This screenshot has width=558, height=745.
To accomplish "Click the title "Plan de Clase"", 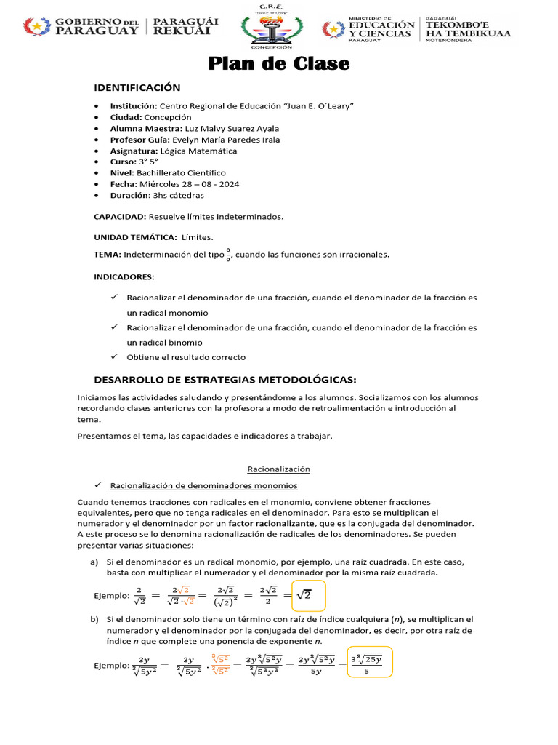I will tap(279, 64).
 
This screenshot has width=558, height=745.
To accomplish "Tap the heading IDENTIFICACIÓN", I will tap(137, 88).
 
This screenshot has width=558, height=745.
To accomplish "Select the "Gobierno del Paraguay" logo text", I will tap(97, 27).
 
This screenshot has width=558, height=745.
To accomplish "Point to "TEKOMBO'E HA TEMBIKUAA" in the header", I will tap(468, 28).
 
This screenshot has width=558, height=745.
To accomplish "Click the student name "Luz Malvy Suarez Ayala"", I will tap(232, 128).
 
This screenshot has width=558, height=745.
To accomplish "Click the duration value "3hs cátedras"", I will tap(177, 196).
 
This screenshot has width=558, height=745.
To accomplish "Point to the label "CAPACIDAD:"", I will tap(120, 217).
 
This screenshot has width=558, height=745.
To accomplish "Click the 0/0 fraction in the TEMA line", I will tap(228, 255).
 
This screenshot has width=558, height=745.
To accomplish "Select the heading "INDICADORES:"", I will tap(124, 277).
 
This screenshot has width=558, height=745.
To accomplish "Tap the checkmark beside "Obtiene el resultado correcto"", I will tap(114, 356).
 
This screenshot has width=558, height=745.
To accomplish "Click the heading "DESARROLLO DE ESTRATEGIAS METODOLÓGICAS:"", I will tap(225, 380).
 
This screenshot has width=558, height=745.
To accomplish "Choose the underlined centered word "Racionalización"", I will tap(278, 469).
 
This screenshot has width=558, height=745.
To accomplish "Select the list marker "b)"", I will tap(94, 618).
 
